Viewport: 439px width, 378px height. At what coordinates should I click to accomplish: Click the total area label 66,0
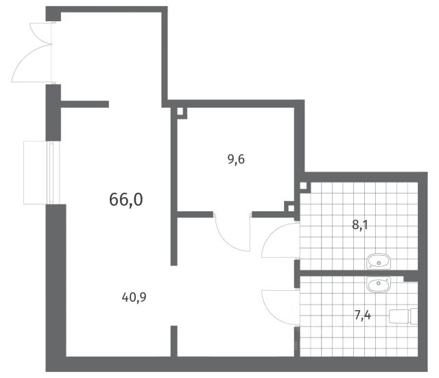click(x=126, y=200)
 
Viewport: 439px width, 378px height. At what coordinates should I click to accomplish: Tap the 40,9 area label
click(x=134, y=297)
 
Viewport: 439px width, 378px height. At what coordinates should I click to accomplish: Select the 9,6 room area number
click(x=236, y=159)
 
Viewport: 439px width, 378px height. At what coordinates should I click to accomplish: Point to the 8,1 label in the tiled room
click(x=359, y=224)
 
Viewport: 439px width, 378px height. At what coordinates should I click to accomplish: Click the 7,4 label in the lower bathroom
click(x=363, y=316)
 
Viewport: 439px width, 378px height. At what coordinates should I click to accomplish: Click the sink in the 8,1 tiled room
click(x=379, y=262)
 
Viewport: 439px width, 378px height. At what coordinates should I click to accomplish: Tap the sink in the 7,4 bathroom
click(x=379, y=285)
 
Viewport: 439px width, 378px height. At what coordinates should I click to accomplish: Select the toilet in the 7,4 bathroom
click(x=403, y=316)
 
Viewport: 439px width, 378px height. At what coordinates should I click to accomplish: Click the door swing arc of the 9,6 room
click(x=227, y=240)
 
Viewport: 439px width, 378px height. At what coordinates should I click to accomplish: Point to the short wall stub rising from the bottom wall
click(x=174, y=341)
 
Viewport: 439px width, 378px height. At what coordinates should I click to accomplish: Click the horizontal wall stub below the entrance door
click(x=85, y=104)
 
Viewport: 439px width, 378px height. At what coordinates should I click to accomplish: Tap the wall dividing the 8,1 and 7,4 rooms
click(x=359, y=273)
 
